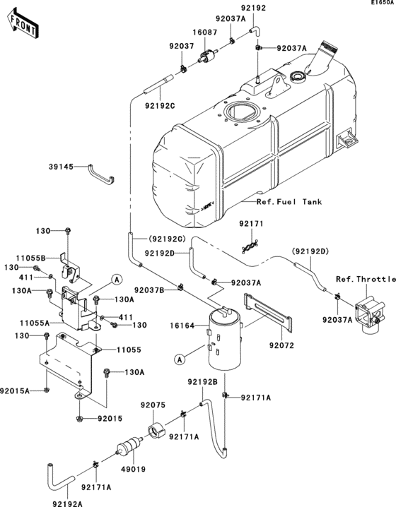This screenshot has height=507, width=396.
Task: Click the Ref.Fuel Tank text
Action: coord(289,202)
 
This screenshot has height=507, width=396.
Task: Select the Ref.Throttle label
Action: coord(365,279)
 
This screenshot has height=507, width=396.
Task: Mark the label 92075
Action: coord(152,405)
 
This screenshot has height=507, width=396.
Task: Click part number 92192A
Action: coord(68,502)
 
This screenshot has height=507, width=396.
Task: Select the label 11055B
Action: coord(52,258)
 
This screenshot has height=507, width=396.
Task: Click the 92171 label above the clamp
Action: coord(250,224)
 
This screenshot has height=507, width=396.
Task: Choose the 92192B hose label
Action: coord(202,382)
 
